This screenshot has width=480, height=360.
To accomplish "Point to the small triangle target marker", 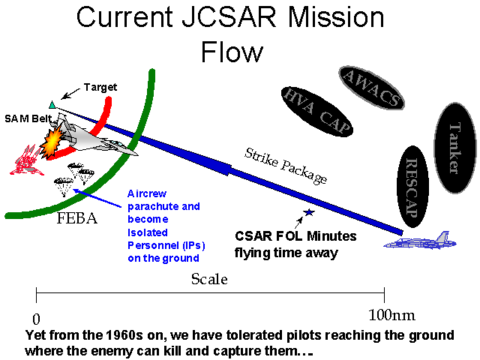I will coord(52,104).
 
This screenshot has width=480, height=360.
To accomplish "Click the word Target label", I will coord(100,88).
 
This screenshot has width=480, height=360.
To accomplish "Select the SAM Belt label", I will coord(24,118).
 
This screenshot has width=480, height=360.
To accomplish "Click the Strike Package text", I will coord(286,166).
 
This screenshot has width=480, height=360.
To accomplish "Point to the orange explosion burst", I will coord(53,142).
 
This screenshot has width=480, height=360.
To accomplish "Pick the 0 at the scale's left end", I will coord(36,316).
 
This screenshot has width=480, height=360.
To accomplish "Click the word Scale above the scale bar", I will coord(209,279).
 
